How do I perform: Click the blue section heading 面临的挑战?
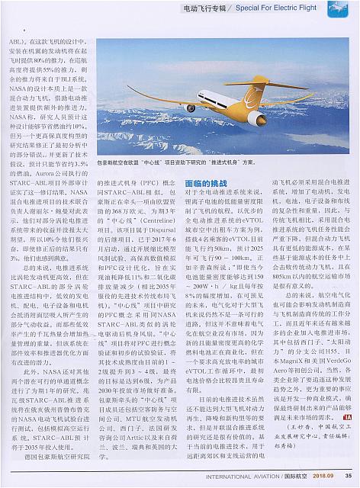coord(207,184)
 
